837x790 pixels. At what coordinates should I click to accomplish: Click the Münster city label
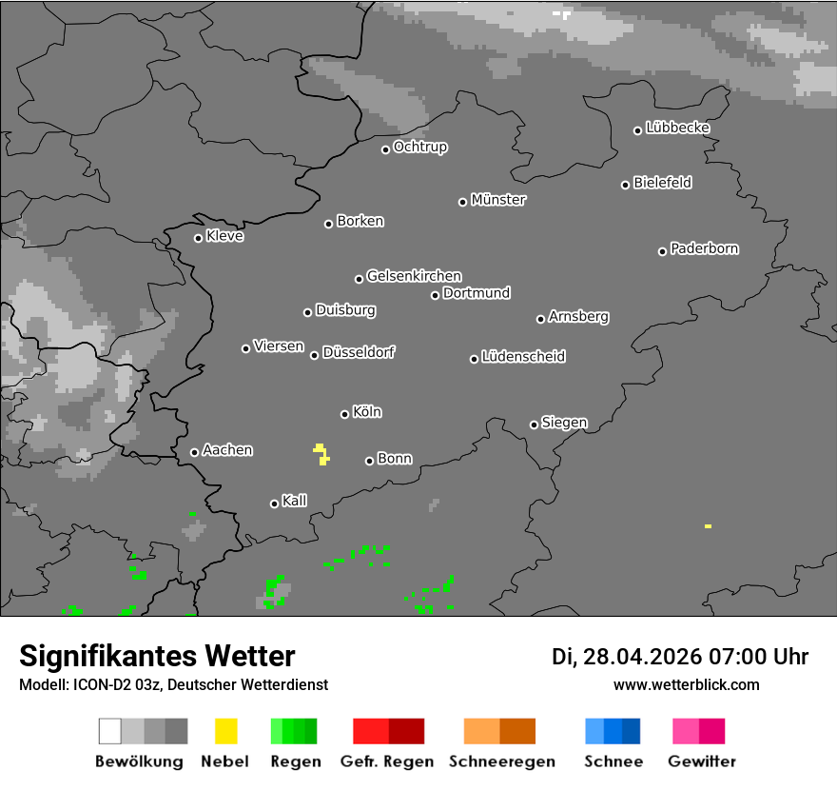[498, 200]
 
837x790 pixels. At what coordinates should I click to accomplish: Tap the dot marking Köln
[344, 414]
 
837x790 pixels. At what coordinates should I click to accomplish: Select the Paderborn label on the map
[704, 248]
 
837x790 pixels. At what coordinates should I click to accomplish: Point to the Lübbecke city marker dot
[638, 130]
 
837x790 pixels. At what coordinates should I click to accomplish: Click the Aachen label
[227, 450]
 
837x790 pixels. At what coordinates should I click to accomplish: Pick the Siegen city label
[564, 423]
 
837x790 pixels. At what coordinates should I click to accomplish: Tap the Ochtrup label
[420, 148]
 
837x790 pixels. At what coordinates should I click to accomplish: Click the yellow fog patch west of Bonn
[321, 454]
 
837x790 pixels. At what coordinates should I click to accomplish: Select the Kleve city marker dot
[198, 238]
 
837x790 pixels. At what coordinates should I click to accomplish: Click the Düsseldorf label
[359, 352]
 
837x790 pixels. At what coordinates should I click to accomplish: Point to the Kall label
[295, 501]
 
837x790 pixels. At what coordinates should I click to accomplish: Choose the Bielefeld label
[663, 183]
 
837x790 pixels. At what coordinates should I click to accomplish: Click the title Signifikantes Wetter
[157, 657]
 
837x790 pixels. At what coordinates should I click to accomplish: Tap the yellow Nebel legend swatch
[225, 731]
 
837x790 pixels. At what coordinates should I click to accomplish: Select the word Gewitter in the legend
[702, 761]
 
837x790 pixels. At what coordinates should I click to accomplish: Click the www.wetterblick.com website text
[686, 685]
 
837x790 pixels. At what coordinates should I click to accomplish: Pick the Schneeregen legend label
[502, 761]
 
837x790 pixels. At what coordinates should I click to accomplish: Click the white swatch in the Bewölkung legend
[109, 731]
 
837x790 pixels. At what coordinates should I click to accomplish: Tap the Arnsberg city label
[578, 317]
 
